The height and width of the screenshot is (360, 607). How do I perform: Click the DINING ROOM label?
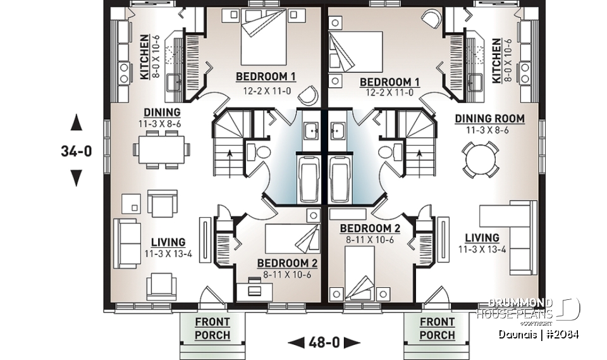489,118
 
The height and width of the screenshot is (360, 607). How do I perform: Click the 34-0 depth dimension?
76,151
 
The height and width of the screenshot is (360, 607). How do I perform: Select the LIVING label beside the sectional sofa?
482,238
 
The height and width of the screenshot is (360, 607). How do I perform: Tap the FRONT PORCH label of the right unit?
437,328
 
